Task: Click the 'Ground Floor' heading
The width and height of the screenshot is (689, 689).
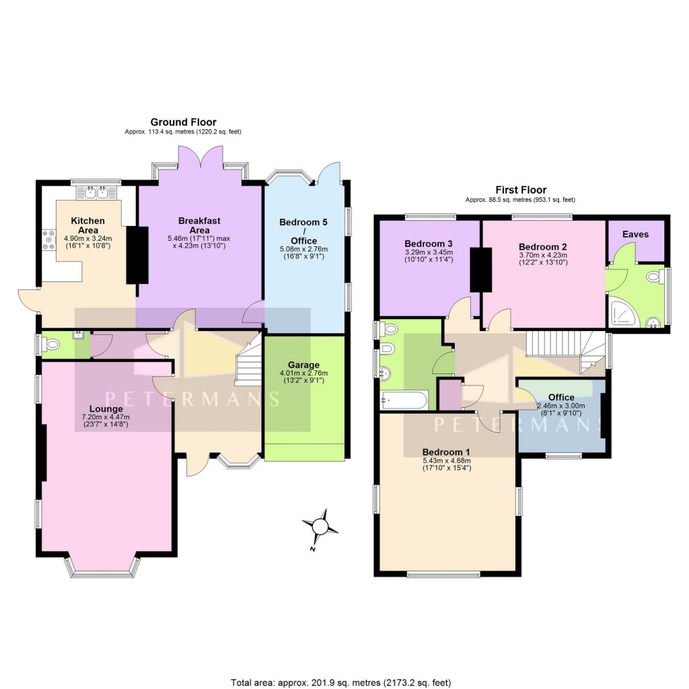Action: (183, 122)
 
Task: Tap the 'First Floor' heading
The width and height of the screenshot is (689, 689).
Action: (520, 190)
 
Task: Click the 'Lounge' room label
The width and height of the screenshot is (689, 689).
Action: (106, 408)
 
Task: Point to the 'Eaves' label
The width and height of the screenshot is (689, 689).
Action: (635, 234)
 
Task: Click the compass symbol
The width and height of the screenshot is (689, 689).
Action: (321, 525)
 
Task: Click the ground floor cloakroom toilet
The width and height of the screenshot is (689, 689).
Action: (51, 345)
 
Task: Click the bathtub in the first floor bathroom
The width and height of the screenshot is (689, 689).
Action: (403, 400)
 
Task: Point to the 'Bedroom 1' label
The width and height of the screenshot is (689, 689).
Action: (446, 451)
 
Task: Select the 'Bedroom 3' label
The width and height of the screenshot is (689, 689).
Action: (427, 243)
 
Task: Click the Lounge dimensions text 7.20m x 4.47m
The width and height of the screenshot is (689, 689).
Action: (106, 417)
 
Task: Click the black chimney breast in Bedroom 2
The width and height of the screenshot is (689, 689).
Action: (482, 269)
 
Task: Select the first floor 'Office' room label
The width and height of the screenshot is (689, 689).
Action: (561, 397)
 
